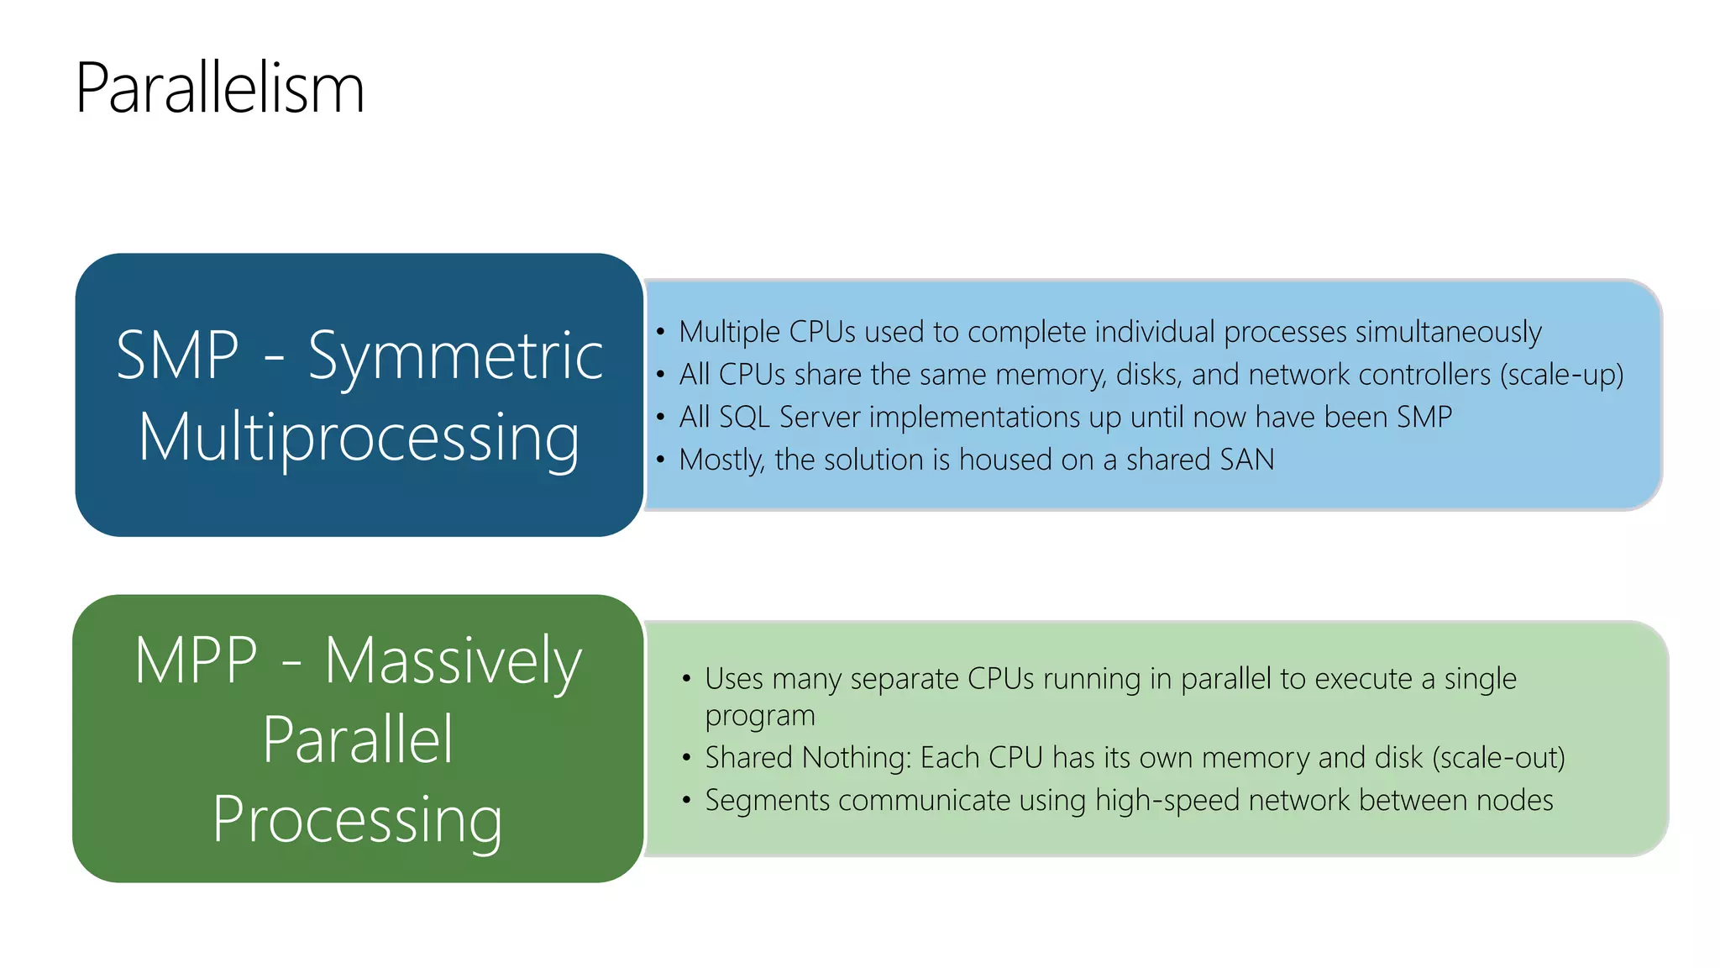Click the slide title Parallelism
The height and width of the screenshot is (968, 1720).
(220, 88)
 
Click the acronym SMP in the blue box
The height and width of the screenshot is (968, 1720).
(177, 355)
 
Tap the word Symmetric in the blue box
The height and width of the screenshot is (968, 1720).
(455, 357)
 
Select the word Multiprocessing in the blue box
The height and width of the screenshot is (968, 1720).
(359, 439)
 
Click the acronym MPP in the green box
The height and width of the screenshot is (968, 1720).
(196, 661)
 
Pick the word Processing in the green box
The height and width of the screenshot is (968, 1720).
(358, 820)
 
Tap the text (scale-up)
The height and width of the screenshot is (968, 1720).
(1561, 375)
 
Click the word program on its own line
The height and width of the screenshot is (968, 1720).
(759, 716)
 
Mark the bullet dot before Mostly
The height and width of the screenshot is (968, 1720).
(661, 460)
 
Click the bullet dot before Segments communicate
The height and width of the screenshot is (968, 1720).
(686, 800)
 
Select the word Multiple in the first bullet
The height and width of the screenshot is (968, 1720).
(729, 333)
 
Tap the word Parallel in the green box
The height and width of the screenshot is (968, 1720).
(358, 740)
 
